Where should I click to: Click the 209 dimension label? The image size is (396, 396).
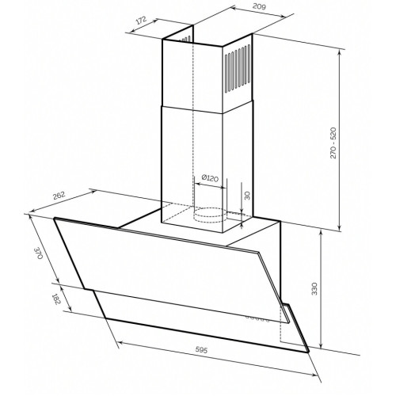pyautogui.click(x=259, y=6)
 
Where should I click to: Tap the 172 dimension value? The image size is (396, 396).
pyautogui.click(x=141, y=21)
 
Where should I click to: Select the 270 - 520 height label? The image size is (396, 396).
pyautogui.click(x=333, y=143)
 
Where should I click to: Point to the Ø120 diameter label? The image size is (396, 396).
pyautogui.click(x=210, y=178)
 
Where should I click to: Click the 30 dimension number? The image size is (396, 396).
pyautogui.click(x=247, y=196)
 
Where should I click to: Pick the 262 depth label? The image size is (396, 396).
pyautogui.click(x=59, y=196)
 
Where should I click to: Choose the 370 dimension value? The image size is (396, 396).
pyautogui.click(x=39, y=253)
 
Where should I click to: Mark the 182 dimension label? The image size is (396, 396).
pyautogui.click(x=56, y=299)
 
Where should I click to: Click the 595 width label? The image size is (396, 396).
pyautogui.click(x=201, y=349)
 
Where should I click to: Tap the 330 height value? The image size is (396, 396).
pyautogui.click(x=314, y=289)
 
